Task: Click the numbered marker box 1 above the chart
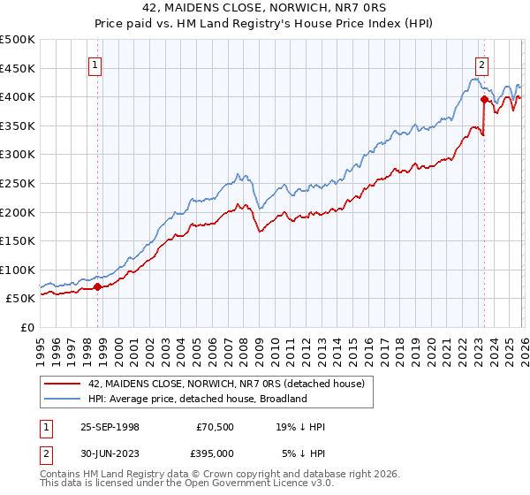coord(95,64)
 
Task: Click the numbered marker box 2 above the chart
coord(481,64)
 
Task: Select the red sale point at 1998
coord(97,286)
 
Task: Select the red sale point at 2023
coord(484,100)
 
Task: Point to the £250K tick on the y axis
coord(19,183)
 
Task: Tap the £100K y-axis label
coord(19,270)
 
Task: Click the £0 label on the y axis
coord(27,327)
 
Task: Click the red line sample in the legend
coord(63,383)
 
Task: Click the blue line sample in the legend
coord(63,399)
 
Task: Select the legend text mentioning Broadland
coord(197,399)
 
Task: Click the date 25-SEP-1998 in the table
coord(110,427)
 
